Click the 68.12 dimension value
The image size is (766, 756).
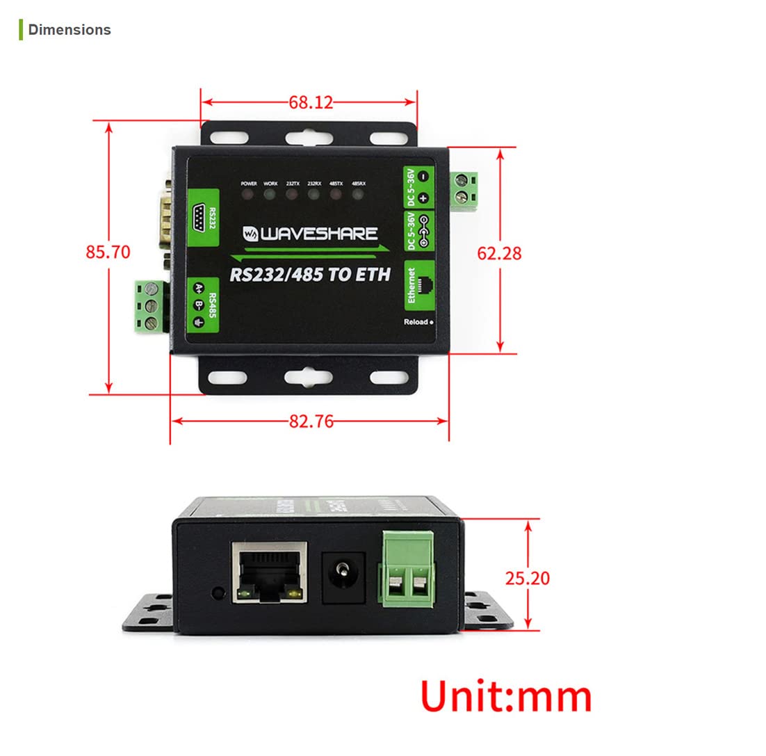311,102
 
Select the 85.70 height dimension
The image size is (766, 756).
108,252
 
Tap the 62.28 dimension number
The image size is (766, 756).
498,253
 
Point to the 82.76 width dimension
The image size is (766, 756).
311,421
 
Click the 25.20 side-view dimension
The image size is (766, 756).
528,578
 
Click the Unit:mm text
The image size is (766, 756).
506,696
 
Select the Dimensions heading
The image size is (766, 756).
69,30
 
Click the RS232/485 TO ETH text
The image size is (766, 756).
310,274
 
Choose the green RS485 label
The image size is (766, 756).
202,303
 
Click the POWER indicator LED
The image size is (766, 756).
248,193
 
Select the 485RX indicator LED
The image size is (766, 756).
358,193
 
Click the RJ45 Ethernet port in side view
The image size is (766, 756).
270,572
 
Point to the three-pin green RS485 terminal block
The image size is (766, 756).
149,304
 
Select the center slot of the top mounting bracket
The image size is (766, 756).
308,135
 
